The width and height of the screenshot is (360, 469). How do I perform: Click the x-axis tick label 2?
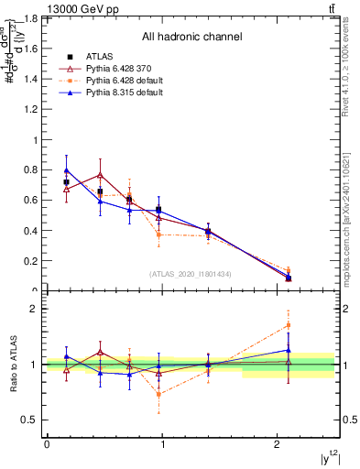coord(278,444)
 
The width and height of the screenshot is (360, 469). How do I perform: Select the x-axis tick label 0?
coord(47,444)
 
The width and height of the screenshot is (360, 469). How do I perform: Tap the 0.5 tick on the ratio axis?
coord(31,420)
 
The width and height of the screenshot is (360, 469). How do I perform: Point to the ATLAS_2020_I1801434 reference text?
coord(191,274)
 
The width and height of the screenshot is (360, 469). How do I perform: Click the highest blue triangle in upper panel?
coord(66,170)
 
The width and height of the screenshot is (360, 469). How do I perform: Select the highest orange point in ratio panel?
coord(289,325)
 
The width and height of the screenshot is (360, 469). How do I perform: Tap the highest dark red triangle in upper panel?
coord(100,174)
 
